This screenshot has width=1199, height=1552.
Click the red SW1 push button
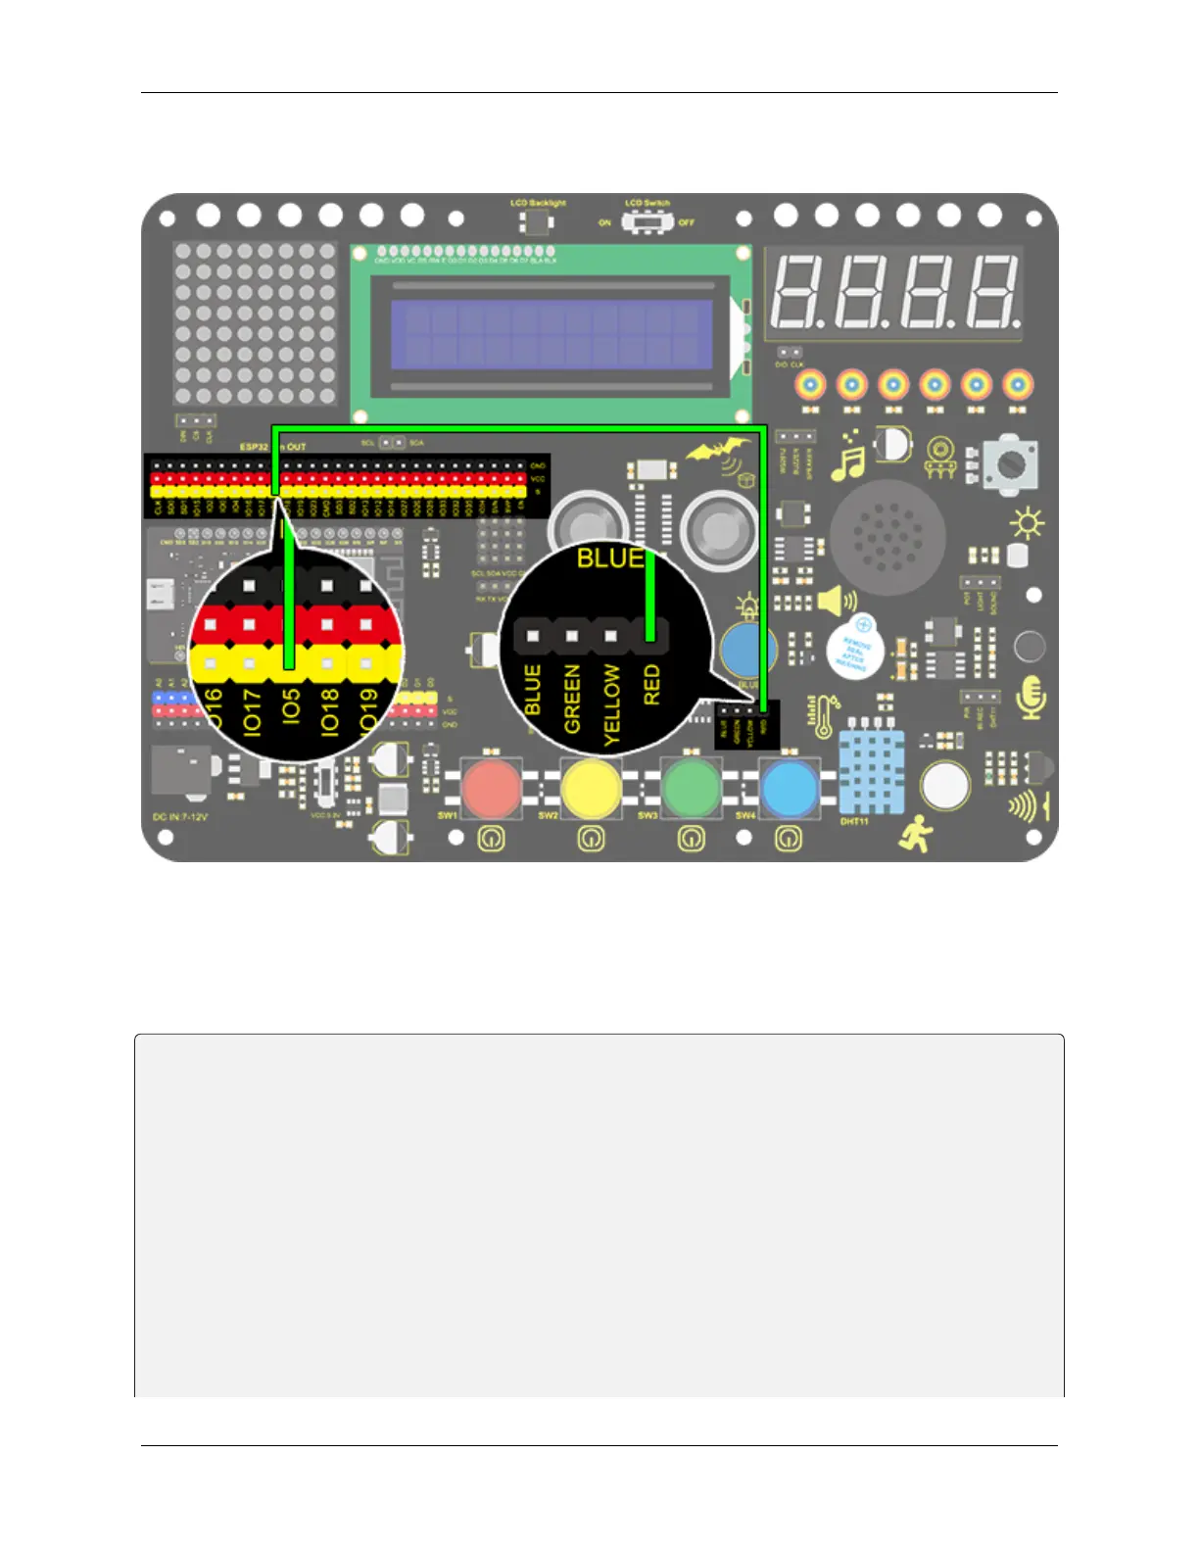(x=492, y=787)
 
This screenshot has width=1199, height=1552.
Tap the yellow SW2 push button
(x=591, y=787)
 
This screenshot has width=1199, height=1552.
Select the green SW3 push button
(x=692, y=787)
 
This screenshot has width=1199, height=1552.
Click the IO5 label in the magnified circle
(x=290, y=707)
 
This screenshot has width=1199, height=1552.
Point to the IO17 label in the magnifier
(x=252, y=711)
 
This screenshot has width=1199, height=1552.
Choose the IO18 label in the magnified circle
(x=329, y=711)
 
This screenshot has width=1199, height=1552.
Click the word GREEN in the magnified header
(x=573, y=698)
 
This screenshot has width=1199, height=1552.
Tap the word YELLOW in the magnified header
(x=612, y=703)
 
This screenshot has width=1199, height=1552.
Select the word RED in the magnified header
(x=651, y=685)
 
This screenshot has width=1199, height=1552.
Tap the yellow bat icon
(x=718, y=452)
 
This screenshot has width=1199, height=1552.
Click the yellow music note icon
(x=848, y=457)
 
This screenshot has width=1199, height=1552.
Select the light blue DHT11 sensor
(x=872, y=771)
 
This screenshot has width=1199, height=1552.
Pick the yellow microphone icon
(x=1031, y=698)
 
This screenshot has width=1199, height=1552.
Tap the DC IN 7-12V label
(x=180, y=816)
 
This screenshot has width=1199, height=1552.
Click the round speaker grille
(x=887, y=537)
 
